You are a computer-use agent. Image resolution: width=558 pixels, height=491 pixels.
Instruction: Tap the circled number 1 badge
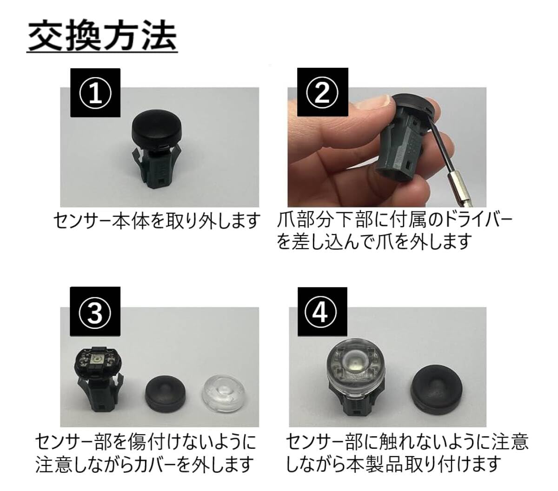point(95,93)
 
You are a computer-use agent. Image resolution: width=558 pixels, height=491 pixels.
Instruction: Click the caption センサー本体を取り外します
point(156,221)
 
